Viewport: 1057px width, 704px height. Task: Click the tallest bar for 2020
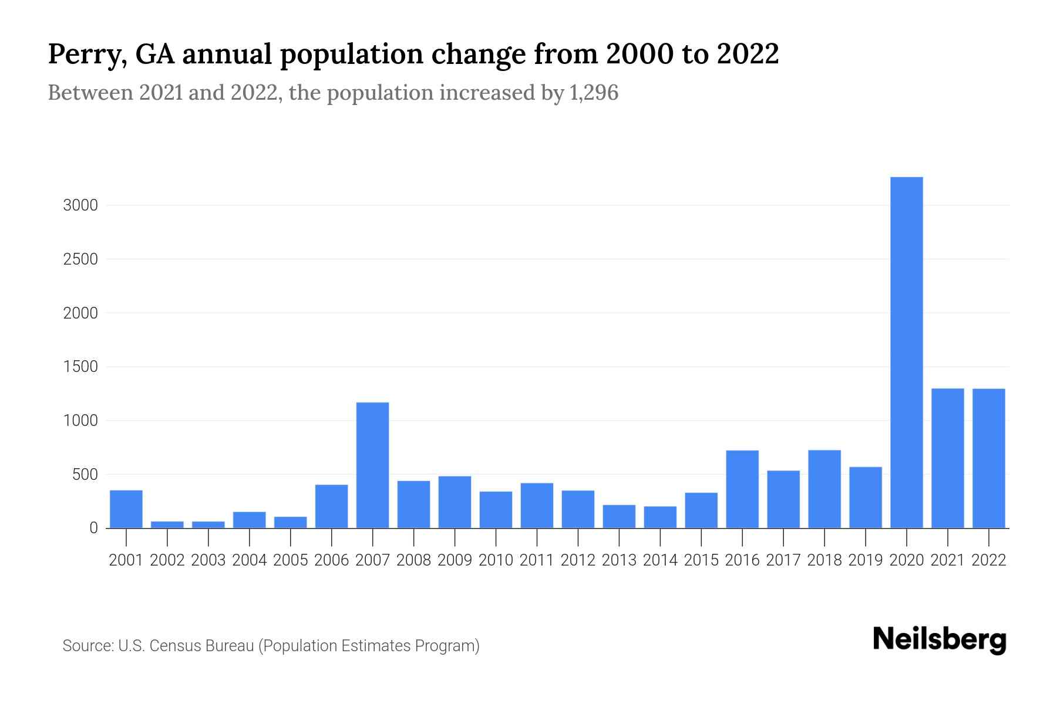pyautogui.click(x=906, y=352)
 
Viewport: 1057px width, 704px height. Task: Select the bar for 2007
pyautogui.click(x=372, y=465)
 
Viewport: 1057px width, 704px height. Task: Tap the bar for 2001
pyautogui.click(x=126, y=509)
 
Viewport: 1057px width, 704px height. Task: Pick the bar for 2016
pyautogui.click(x=742, y=489)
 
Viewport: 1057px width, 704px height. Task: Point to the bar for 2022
pyautogui.click(x=988, y=458)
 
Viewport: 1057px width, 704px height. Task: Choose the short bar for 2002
pyautogui.click(x=167, y=524)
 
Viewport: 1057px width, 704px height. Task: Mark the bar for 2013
pyautogui.click(x=619, y=516)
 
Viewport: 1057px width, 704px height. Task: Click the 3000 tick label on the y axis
pyautogui.click(x=80, y=205)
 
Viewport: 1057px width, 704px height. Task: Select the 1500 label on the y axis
pyautogui.click(x=80, y=367)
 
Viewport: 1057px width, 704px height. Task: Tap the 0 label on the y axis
pyautogui.click(x=93, y=528)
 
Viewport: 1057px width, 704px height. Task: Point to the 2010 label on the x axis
pyautogui.click(x=496, y=560)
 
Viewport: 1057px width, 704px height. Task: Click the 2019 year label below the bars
pyautogui.click(x=866, y=560)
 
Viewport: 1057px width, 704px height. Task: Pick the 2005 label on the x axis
pyautogui.click(x=291, y=560)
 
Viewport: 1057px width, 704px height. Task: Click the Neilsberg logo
pyautogui.click(x=940, y=640)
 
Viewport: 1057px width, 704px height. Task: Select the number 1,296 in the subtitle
pyautogui.click(x=594, y=93)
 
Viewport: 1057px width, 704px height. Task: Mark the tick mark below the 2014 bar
pyautogui.click(x=660, y=536)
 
